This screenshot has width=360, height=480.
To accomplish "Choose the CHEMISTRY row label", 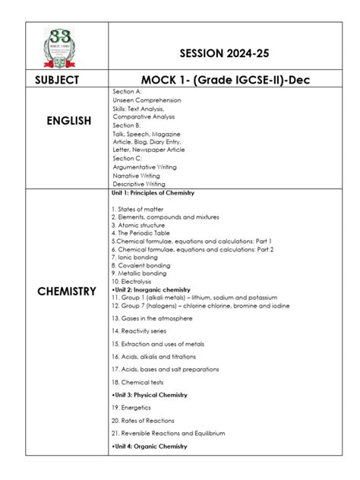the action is (67, 291).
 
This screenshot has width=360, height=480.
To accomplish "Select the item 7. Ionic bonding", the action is (135, 257).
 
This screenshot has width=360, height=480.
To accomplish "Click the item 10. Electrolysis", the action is (135, 281).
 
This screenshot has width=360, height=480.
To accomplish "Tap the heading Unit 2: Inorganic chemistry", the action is (152, 289).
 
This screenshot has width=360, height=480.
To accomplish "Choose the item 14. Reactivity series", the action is (144, 331).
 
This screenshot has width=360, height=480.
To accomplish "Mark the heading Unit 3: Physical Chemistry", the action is (150, 395).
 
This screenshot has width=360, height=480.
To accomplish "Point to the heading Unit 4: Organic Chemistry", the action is (150, 446).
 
